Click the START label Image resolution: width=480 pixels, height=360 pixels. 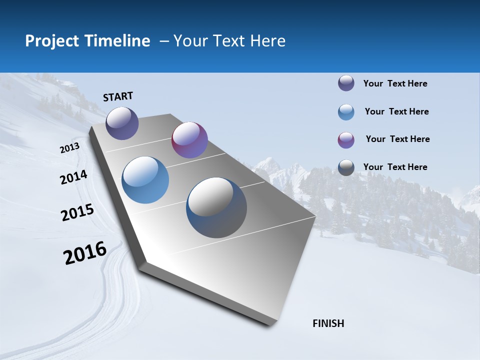118,96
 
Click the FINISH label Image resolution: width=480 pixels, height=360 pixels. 328,323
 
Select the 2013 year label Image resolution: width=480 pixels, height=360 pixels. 69,148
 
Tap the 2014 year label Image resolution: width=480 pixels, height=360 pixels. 73,177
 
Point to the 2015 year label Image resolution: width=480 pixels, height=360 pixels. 77,212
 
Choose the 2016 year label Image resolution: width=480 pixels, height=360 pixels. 85,253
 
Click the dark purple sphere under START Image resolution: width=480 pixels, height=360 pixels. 122,123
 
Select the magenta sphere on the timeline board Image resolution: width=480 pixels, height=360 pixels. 189,140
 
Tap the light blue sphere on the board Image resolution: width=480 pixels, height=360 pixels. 145,180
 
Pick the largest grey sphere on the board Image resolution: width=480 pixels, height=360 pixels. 216,207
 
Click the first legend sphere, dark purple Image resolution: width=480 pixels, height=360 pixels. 346,83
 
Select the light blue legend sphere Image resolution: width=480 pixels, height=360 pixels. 346,112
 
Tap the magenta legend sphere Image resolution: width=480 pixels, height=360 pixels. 346,140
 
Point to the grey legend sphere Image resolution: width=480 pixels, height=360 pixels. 346,167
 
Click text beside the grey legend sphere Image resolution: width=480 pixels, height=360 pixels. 395,167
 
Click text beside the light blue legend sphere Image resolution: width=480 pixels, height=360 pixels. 396,111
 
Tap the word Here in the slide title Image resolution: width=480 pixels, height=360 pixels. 267,41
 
